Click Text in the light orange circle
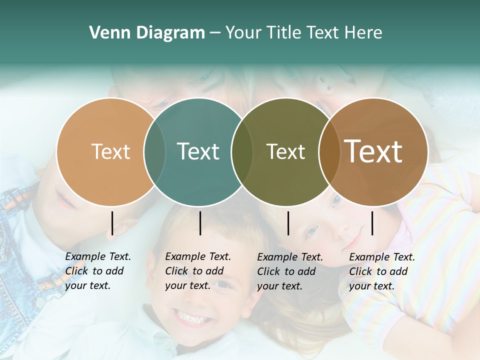[110, 152]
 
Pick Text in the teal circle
[198, 151]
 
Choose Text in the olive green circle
[285, 152]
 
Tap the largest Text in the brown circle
[373, 151]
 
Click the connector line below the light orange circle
[112, 223]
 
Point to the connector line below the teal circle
[200, 223]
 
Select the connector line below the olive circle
[288, 223]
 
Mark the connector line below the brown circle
[372, 223]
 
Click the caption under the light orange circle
[97, 271]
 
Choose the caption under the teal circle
[197, 271]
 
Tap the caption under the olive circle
[289, 271]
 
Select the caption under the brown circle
[381, 271]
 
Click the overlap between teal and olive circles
[242, 152]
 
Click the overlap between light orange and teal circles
[154, 152]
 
